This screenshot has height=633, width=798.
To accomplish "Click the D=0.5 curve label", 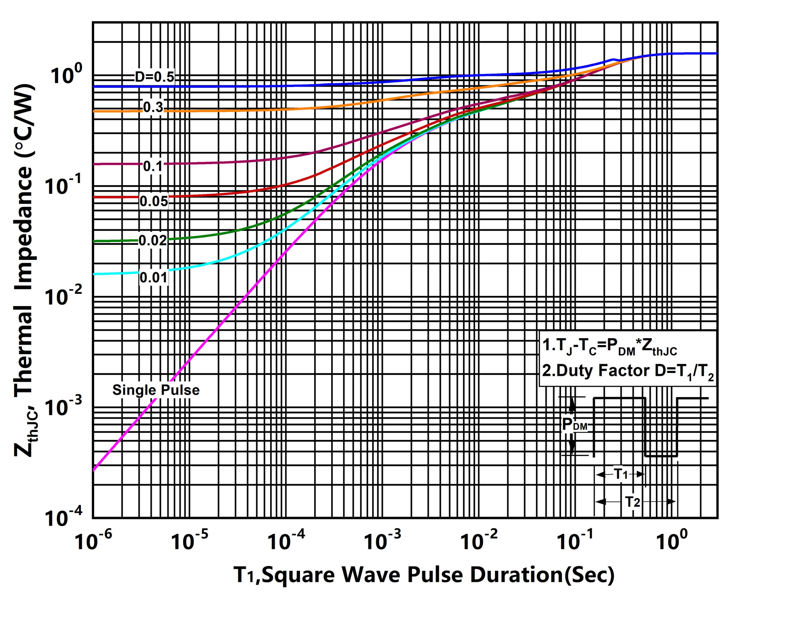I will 154,77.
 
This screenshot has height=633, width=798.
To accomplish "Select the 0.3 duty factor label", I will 153,107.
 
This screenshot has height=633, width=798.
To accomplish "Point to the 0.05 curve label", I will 154,201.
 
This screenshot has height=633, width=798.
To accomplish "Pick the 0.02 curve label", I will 153,240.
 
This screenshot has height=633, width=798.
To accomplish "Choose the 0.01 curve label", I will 154,277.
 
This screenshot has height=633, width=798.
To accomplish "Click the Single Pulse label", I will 156,390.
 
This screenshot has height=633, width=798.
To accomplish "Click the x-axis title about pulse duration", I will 424,575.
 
